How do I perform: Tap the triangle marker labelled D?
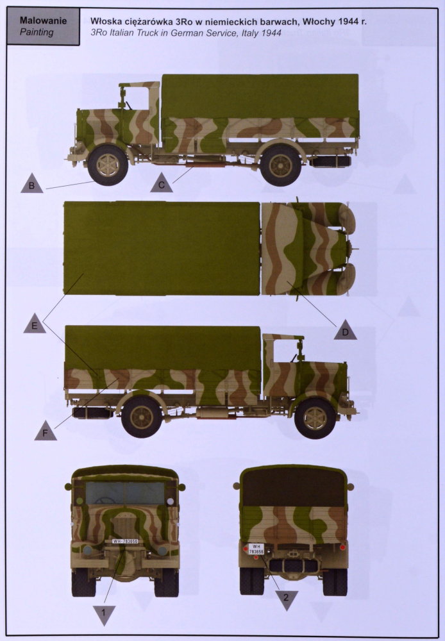[345, 330]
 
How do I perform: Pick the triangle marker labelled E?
[35, 324]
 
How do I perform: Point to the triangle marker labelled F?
[46, 431]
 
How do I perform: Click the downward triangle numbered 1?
[105, 615]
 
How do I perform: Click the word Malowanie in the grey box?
[44, 21]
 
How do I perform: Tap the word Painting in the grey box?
[37, 32]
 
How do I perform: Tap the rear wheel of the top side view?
[281, 165]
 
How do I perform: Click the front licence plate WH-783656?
[125, 541]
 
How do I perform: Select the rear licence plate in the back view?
[256, 549]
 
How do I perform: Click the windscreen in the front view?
[125, 493]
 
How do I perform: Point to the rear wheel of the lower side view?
[142, 417]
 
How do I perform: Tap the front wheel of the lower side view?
[315, 418]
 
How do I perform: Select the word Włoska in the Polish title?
[105, 21]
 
